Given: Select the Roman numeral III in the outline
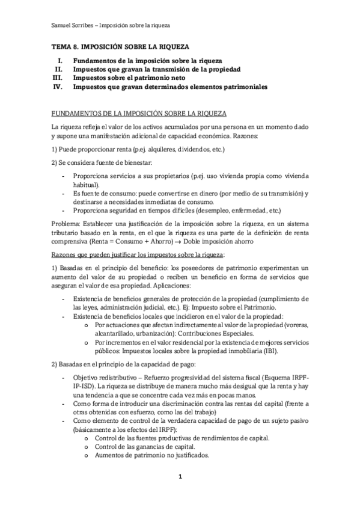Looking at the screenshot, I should point(58,78).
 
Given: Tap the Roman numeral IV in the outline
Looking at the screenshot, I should point(58,87).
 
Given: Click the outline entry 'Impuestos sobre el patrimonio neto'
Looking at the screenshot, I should point(129,78).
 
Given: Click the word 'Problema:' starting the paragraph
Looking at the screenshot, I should point(65,223).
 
